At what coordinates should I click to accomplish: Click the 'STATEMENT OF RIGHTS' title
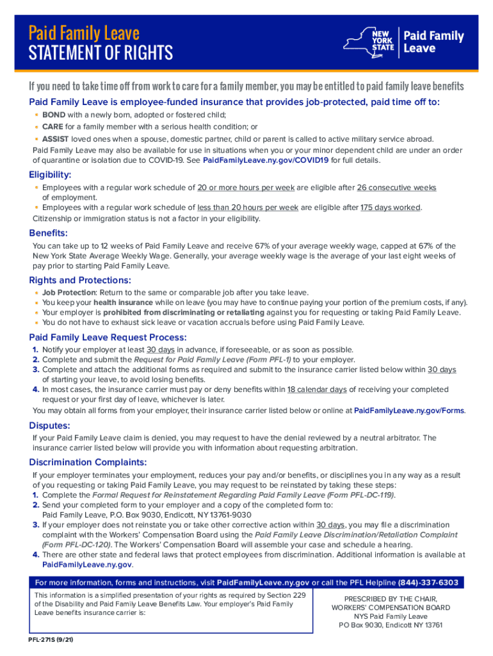point(101,53)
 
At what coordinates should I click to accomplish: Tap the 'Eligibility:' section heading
point(50,175)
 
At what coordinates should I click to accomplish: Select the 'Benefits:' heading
point(48,233)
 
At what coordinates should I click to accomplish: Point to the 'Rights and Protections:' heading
point(80,280)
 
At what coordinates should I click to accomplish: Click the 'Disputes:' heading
point(49,425)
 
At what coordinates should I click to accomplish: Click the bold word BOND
point(54,115)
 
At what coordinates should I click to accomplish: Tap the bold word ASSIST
point(56,138)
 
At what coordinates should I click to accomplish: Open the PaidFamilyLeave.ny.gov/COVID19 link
point(266,160)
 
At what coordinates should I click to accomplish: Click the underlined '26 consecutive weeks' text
point(396,188)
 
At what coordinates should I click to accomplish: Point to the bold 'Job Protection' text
point(69,292)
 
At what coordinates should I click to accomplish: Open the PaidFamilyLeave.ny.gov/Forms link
point(409,411)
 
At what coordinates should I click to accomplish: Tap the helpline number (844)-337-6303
point(428,582)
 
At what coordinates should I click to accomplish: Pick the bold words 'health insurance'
point(123,302)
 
